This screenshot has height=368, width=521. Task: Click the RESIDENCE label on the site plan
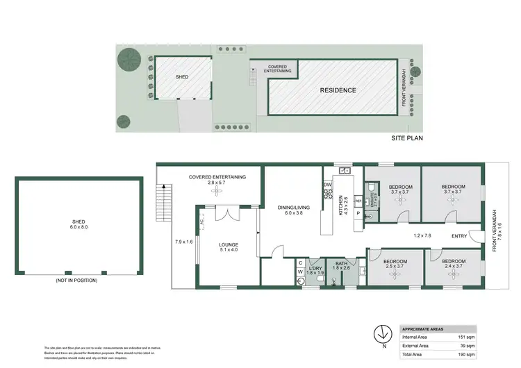(338, 90)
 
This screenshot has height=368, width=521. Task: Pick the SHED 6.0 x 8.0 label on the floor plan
(78, 224)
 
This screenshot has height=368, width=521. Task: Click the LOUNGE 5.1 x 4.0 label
(229, 247)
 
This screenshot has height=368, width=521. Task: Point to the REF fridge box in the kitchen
(358, 201)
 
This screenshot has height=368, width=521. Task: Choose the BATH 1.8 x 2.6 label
(341, 265)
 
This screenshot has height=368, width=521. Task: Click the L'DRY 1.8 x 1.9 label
(315, 270)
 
